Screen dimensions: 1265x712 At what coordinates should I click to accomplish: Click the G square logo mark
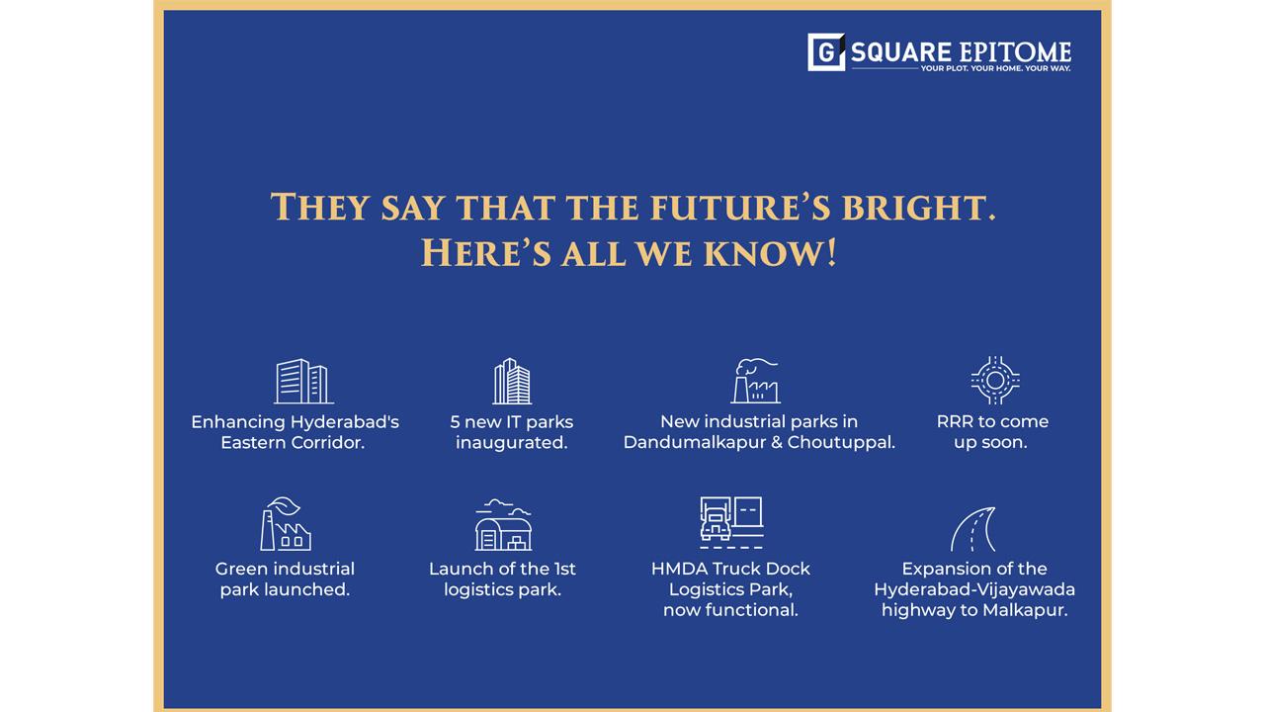coord(826,52)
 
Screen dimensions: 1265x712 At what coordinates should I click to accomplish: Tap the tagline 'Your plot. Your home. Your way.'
coord(995,68)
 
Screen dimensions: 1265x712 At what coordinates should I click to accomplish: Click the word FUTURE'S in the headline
coord(740,207)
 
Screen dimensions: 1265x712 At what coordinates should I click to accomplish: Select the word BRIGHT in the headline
coord(919,208)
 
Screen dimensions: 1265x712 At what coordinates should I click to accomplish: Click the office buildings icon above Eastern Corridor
coord(303,382)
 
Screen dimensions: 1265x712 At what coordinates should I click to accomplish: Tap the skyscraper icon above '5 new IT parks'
coord(512,381)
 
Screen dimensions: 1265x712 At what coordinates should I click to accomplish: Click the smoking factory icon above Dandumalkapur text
coord(756,381)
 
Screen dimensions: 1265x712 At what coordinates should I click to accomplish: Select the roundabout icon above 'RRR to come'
coord(995,381)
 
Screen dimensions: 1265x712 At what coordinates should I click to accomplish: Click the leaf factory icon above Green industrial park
coord(286,524)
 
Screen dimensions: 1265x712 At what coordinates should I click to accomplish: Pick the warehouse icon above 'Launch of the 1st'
coord(503,525)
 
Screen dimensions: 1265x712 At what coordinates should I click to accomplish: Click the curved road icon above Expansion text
coord(972,529)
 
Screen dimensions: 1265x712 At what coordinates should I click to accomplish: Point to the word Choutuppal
coord(841,442)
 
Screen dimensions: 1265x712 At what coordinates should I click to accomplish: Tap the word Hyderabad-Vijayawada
coord(974,590)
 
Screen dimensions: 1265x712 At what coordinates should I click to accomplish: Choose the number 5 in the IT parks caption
coord(456,422)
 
